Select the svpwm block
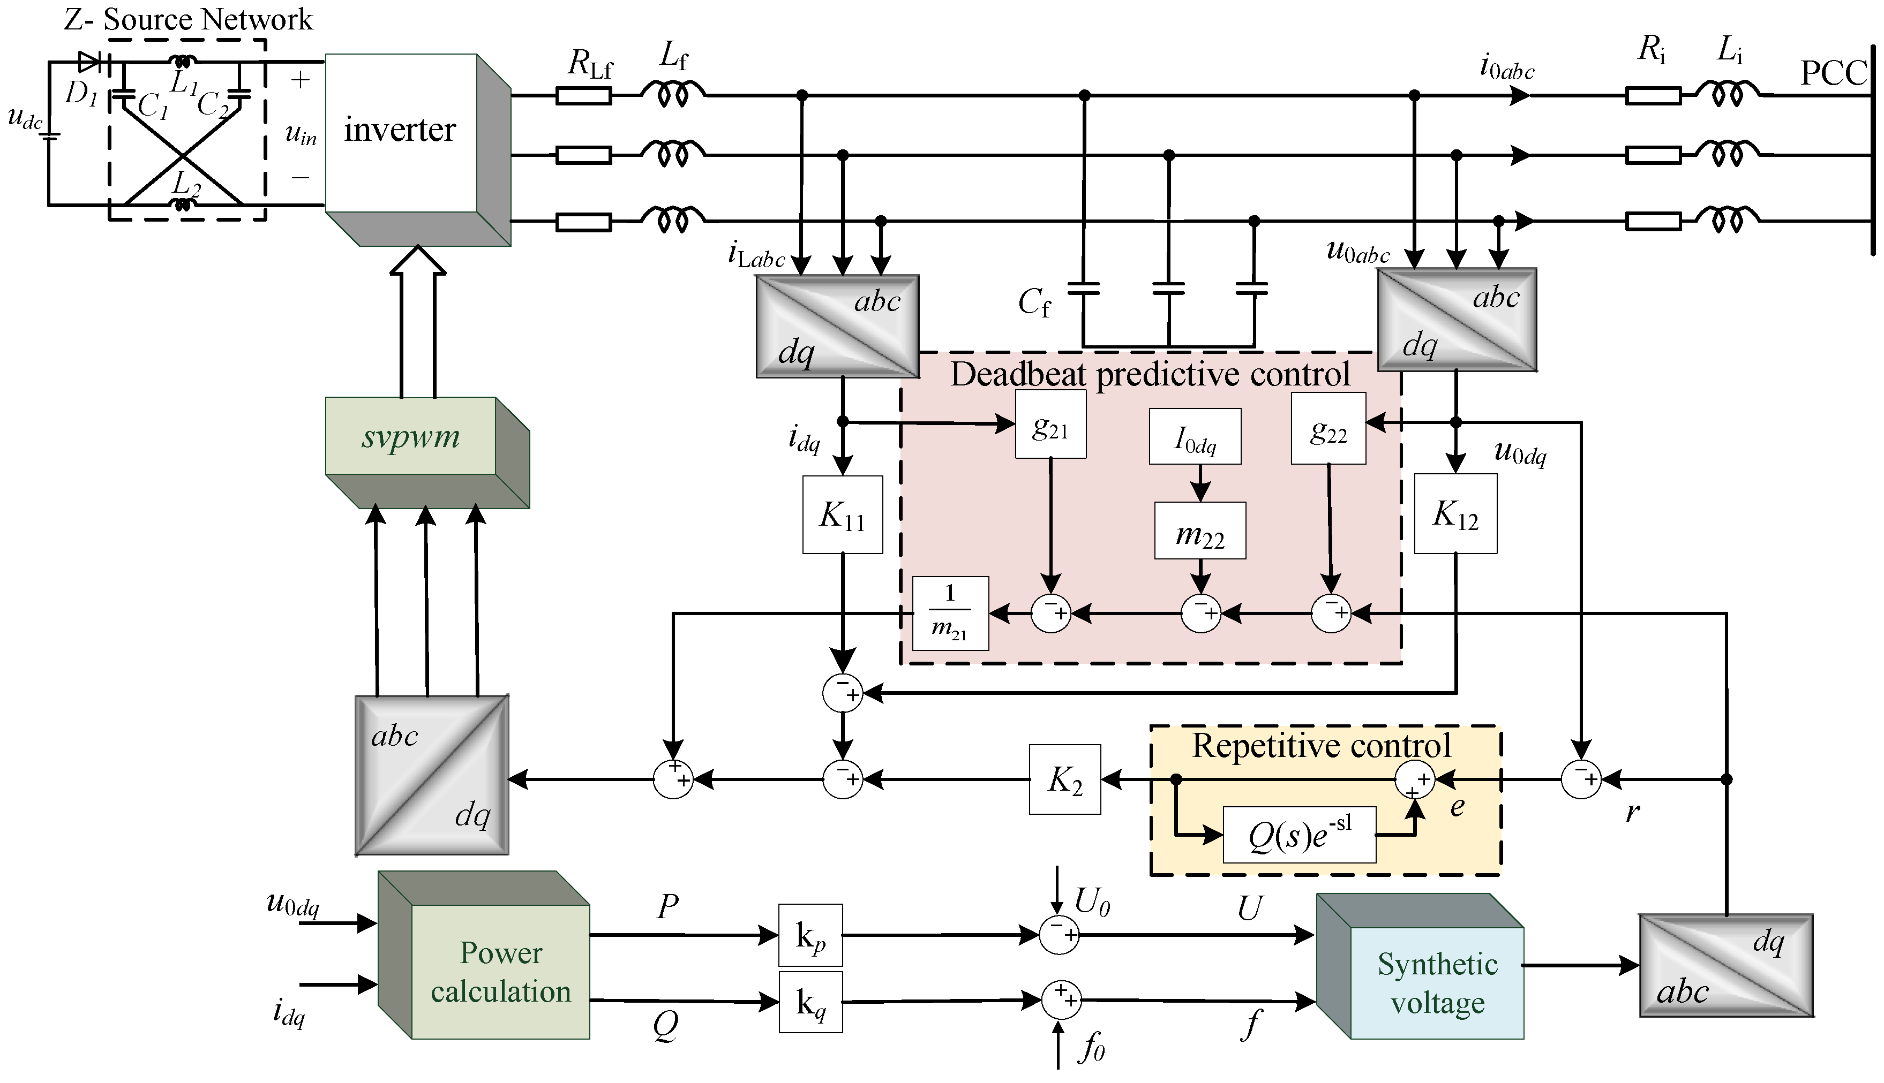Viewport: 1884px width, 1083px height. click(411, 437)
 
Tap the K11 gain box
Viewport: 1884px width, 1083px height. click(842, 514)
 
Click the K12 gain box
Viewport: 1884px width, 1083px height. click(1455, 514)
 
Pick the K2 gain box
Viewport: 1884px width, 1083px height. click(1065, 779)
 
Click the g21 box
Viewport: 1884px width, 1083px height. click(1050, 425)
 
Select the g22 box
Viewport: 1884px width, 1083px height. click(1328, 428)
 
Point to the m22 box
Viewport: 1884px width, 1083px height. click(1199, 531)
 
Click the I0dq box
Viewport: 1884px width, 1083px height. click(1195, 437)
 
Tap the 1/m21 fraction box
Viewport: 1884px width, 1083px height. click(950, 614)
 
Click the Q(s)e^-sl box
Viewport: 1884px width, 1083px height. click(1299, 835)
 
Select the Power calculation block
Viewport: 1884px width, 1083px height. click(500, 972)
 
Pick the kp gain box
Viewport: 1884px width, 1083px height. click(810, 935)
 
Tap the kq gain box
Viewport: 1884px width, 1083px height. click(810, 1002)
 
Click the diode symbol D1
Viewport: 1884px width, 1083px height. click(89, 62)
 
